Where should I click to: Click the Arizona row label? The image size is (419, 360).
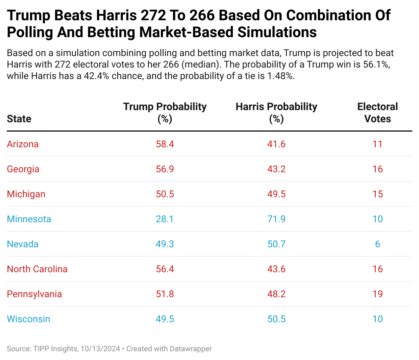(23, 144)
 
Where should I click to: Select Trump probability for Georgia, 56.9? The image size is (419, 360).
(165, 169)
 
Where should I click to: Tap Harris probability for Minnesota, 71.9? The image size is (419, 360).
(276, 219)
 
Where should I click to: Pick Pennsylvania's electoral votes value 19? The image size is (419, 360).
(377, 294)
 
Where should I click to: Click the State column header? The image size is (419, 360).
(19, 119)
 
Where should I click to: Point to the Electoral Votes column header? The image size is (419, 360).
(377, 113)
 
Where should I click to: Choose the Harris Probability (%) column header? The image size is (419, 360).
(276, 113)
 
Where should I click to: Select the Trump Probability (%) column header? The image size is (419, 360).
(165, 113)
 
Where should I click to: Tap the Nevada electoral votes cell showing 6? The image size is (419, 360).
(377, 244)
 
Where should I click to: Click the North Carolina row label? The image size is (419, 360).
(37, 269)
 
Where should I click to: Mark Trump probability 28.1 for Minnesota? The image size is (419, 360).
(165, 219)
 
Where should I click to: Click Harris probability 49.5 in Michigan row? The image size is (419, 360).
(276, 194)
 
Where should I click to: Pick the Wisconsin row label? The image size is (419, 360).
(28, 319)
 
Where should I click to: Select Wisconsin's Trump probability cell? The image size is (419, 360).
(165, 319)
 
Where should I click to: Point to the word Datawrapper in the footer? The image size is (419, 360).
(191, 349)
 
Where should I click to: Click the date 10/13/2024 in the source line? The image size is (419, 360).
(100, 349)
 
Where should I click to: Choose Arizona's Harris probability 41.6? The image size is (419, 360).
(276, 144)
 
